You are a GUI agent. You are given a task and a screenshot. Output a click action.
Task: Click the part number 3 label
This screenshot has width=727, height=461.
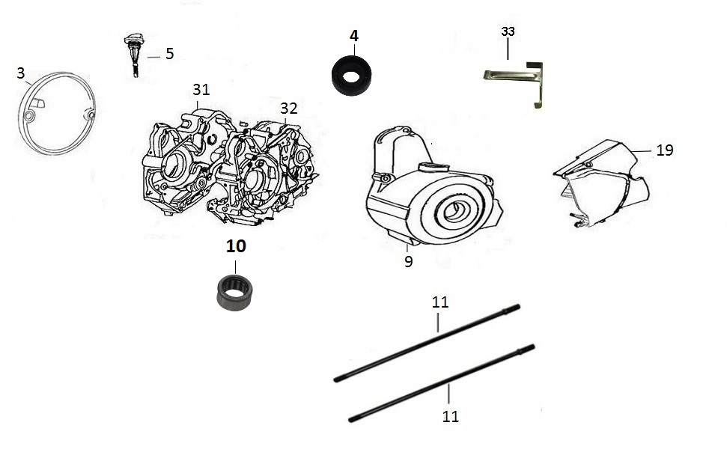[x=21, y=73]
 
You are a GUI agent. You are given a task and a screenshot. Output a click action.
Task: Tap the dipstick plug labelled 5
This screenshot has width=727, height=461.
[x=135, y=53]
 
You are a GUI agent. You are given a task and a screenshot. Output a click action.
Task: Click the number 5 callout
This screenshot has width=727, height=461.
[x=170, y=54]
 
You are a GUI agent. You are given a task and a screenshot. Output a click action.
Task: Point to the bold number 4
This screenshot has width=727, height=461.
[x=353, y=36]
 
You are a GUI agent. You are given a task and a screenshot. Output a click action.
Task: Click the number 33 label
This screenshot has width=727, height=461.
[x=508, y=31]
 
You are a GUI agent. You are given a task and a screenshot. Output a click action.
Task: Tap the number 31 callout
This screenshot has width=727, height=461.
[x=201, y=89]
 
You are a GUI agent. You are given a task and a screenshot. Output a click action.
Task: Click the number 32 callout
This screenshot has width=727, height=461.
[x=288, y=109]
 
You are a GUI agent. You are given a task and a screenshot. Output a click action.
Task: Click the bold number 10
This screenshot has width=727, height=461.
[x=236, y=246]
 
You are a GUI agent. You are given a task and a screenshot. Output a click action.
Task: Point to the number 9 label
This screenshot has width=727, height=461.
[x=408, y=262]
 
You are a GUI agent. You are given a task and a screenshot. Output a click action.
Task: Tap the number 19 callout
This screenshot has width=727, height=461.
[x=664, y=150]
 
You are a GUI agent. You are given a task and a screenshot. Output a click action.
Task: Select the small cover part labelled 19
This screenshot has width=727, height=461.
[x=601, y=183]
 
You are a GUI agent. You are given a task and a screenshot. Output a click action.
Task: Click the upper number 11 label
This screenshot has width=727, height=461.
[x=440, y=302]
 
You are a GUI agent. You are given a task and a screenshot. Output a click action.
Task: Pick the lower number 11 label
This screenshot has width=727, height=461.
[x=450, y=416]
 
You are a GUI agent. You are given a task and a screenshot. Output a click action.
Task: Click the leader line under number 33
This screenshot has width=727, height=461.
[x=508, y=49]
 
